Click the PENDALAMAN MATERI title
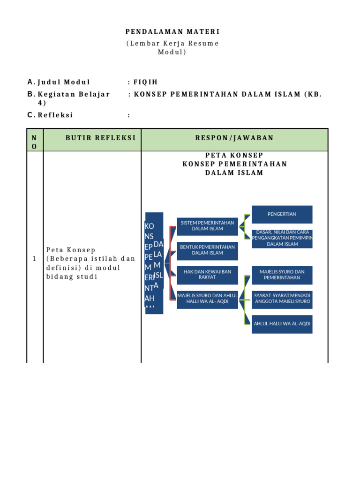coord(172,32)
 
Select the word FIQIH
coord(143,82)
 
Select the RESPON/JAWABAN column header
coord(234,138)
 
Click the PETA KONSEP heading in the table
coord(234,155)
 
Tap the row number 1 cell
coord(35,259)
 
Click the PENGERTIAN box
coord(282,214)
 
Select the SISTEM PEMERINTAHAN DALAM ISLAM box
coord(207,225)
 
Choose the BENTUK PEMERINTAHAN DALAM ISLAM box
coord(207,250)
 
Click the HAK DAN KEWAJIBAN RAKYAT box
coord(207,275)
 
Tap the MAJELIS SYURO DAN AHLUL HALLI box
coord(207,299)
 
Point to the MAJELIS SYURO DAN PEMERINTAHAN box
coord(282,275)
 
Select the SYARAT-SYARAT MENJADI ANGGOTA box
coord(282,299)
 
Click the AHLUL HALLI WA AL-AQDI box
coord(282,324)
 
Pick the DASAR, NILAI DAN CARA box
coord(282,239)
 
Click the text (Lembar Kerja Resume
coord(172,44)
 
